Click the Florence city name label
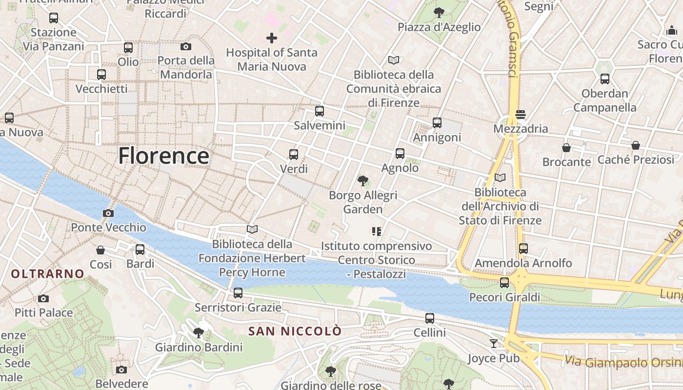(164, 156)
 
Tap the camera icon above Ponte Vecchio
(108, 213)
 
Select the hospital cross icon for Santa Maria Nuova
(272, 38)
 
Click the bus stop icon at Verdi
(294, 155)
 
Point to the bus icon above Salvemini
(320, 111)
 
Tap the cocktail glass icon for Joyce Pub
(494, 344)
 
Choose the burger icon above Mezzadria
(520, 115)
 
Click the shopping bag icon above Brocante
(566, 147)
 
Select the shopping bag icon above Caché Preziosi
(636, 145)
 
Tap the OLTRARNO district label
(48, 274)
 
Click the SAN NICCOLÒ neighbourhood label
(295, 331)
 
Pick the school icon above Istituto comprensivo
(376, 232)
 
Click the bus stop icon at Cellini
(430, 318)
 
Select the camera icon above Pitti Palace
(43, 298)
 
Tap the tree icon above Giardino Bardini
(199, 333)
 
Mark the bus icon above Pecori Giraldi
(504, 283)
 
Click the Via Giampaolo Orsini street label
(623, 363)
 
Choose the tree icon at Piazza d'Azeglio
(439, 13)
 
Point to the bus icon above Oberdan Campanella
(605, 79)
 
